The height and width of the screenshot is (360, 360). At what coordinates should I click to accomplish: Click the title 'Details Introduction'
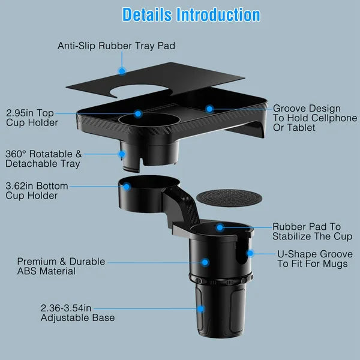tap(191, 15)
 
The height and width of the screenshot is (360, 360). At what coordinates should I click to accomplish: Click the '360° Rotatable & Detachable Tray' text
tap(42, 158)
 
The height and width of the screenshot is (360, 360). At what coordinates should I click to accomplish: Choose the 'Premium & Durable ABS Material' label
tap(61, 266)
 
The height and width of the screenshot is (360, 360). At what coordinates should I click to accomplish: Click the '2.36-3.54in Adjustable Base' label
tap(77, 313)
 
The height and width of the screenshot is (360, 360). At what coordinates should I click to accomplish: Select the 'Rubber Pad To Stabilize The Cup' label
tap(307, 231)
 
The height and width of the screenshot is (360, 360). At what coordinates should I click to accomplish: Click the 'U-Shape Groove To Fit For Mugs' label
tap(313, 259)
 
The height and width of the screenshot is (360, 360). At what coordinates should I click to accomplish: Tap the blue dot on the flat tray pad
tap(122, 71)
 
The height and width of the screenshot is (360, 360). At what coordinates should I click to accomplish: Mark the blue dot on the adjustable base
tap(200, 309)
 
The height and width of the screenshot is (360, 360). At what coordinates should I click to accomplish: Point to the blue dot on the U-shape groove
tap(250, 254)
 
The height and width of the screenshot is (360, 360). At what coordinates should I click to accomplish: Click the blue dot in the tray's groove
tap(209, 109)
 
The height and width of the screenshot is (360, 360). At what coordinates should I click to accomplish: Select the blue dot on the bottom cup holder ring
tap(127, 187)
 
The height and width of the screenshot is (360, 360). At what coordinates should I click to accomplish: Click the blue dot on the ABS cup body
tap(205, 262)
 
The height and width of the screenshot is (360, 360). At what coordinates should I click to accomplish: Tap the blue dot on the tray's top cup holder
tap(138, 113)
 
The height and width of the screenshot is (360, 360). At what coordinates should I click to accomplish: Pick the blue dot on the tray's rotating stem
tap(122, 154)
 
